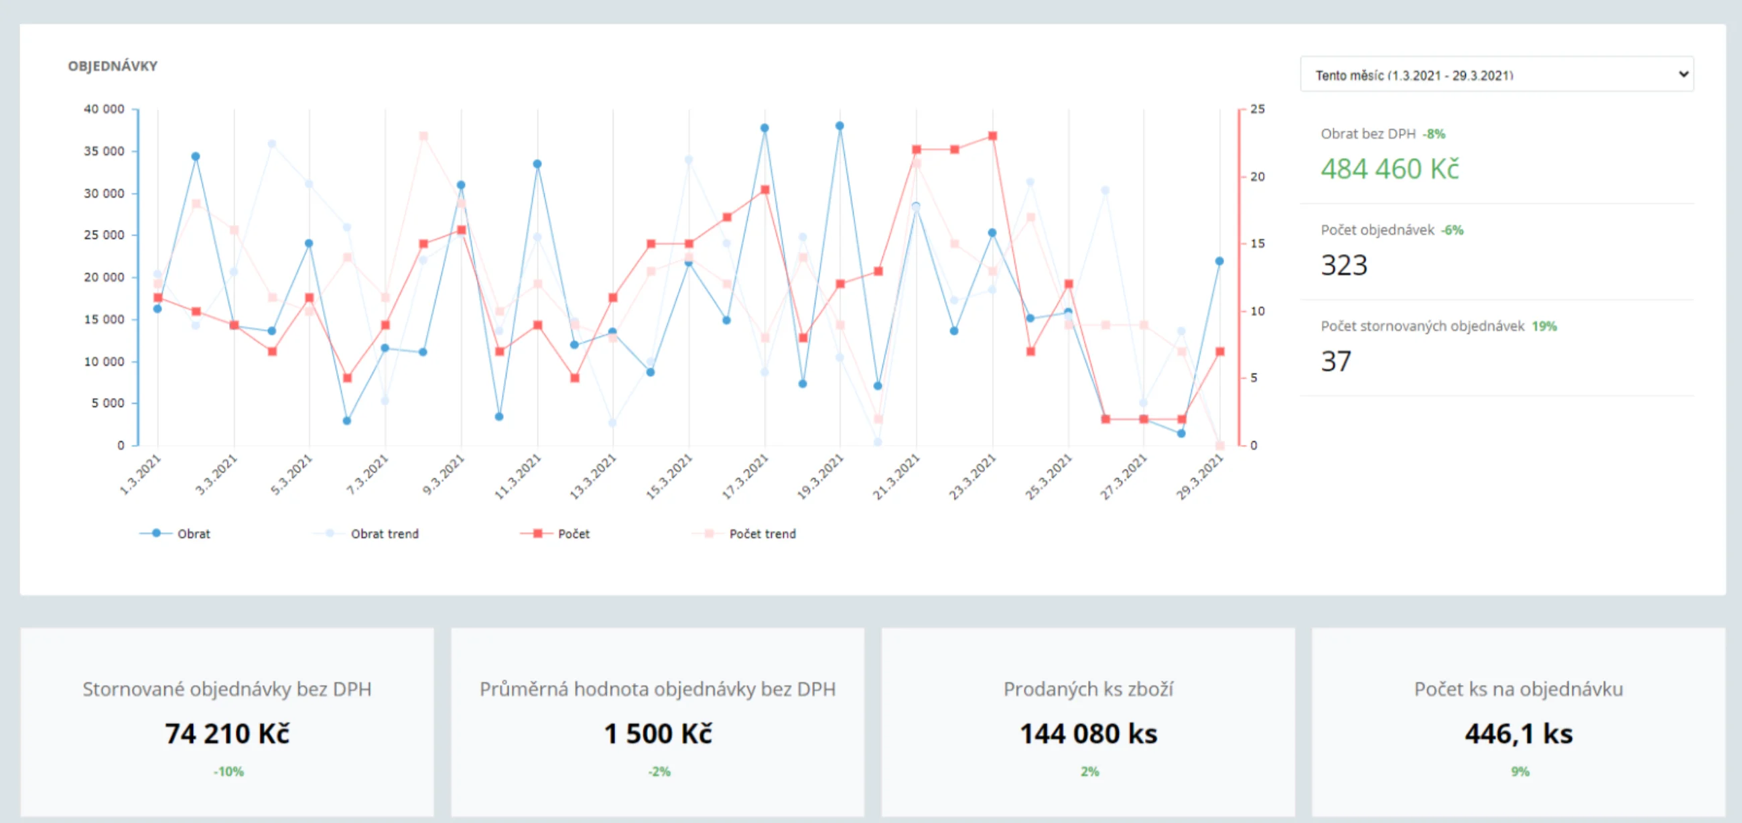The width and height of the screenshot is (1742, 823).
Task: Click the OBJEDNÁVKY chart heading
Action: click(113, 66)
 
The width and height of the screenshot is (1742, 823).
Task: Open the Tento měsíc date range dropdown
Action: click(1497, 74)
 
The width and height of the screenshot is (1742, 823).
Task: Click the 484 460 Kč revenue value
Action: click(1390, 168)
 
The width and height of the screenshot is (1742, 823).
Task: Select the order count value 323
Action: click(1345, 265)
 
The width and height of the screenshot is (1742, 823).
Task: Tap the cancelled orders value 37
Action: click(1336, 361)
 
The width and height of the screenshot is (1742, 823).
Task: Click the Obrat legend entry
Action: click(175, 533)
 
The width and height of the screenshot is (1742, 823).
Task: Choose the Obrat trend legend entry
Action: click(366, 533)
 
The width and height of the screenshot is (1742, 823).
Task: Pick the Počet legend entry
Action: click(555, 533)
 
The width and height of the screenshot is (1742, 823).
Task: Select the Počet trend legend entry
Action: click(744, 533)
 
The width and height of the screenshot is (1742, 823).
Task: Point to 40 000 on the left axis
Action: click(104, 109)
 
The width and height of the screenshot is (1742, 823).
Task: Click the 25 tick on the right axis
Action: click(1257, 109)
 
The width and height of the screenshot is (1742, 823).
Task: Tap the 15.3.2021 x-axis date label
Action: click(669, 477)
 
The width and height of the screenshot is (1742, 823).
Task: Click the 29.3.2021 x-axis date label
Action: click(1200, 477)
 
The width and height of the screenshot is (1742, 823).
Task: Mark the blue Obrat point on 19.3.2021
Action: click(840, 126)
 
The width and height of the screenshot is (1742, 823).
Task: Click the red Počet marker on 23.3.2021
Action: click(993, 136)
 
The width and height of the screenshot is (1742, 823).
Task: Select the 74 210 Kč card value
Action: click(227, 734)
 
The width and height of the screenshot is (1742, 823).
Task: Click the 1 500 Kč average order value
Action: click(658, 734)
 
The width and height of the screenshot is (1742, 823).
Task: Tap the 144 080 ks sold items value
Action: click(1089, 734)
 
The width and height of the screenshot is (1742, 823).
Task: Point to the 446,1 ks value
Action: click(1519, 734)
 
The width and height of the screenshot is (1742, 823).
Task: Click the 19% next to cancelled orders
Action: click(1544, 326)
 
